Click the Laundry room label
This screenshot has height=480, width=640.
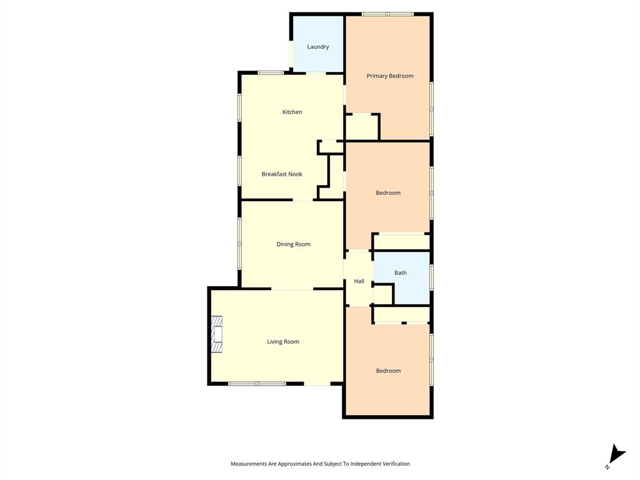coord(317,47)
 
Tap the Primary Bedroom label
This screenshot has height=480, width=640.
coord(389,76)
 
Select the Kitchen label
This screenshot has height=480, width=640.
coord(292,112)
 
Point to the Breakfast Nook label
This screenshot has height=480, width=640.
coord(281,174)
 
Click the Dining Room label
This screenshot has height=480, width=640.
coord(293,244)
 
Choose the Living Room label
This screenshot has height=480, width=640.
coord(283,342)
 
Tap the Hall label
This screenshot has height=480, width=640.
coord(359,281)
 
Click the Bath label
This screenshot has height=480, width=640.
coord(400,273)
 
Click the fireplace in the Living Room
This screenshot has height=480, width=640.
coord(216,335)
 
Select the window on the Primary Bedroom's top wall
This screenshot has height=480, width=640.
coord(387,14)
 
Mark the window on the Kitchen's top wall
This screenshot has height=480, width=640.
coord(271,73)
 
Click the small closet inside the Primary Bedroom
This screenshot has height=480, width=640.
coord(362,127)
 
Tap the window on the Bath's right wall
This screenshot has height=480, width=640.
coord(431,277)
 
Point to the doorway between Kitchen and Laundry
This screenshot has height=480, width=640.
coord(316,73)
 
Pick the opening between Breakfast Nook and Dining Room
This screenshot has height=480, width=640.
coord(303,200)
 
